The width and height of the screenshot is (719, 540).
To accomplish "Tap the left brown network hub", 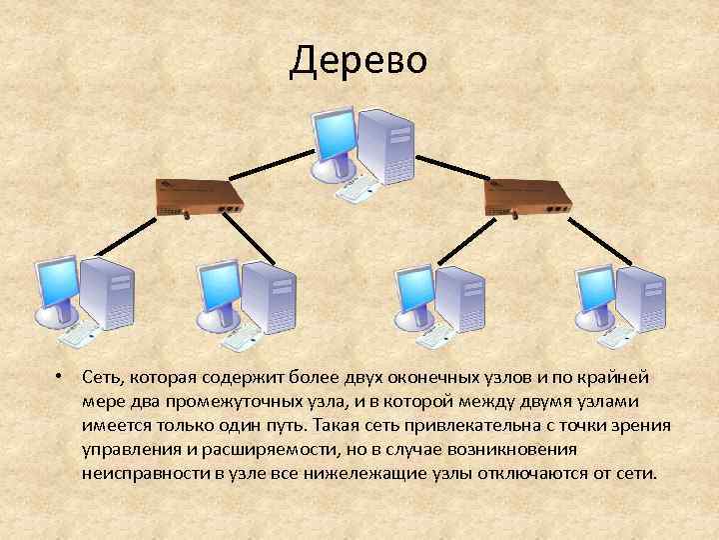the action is coord(200,198).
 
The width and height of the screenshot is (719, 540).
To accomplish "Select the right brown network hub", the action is coord(526,198).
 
